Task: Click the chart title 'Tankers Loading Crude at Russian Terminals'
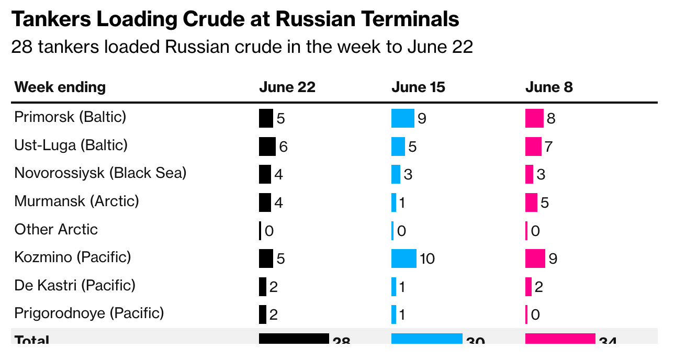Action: (235, 19)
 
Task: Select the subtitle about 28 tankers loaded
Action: (242, 47)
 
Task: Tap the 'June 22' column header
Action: (287, 87)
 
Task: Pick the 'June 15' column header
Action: (418, 87)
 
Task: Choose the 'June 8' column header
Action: (549, 87)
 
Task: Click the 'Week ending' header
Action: (60, 87)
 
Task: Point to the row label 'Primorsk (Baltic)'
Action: (70, 117)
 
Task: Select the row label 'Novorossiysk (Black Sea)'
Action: (100, 173)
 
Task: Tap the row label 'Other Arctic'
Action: (56, 229)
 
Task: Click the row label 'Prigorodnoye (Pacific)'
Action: (89, 313)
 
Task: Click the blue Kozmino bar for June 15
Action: (403, 258)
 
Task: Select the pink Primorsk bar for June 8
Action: (534, 118)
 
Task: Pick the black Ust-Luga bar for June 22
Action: (267, 147)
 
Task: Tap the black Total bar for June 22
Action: (294, 339)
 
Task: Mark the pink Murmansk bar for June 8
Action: (531, 202)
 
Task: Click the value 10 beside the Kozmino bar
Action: (427, 258)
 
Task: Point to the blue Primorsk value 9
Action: (422, 119)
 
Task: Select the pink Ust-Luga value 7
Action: (548, 147)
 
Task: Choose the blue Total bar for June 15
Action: (426, 339)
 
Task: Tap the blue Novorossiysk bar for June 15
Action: (396, 174)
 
